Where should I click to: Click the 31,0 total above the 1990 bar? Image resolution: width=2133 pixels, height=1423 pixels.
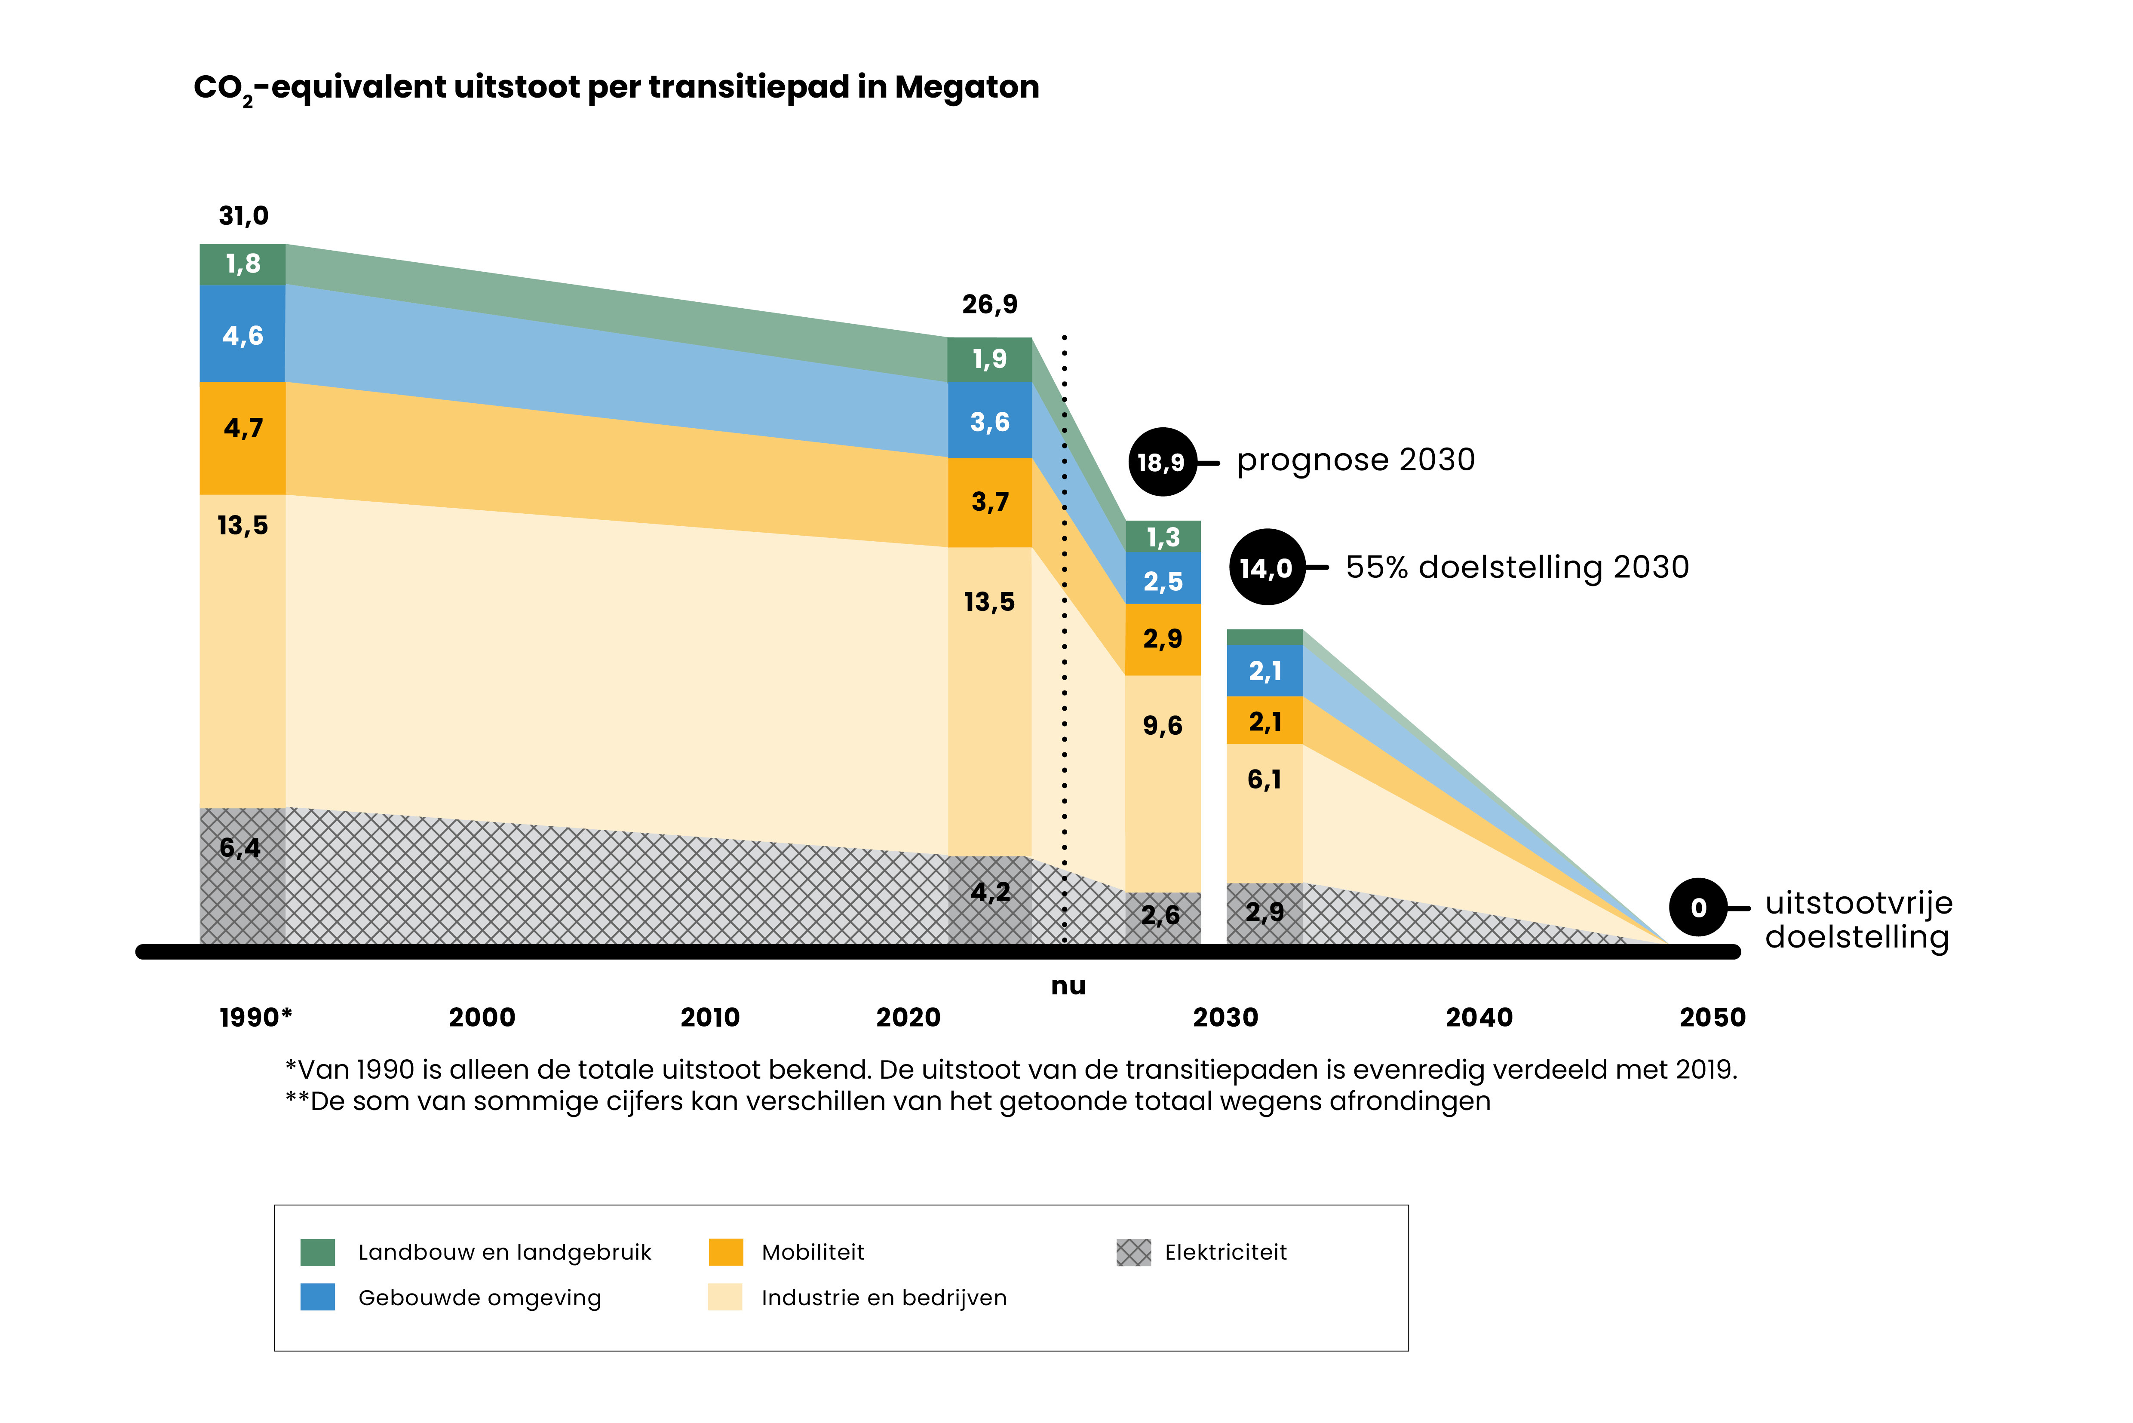pos(243,216)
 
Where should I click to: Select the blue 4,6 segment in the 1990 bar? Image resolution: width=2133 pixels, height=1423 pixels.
pos(242,334)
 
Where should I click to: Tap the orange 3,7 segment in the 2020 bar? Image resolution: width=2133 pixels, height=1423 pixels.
pos(989,502)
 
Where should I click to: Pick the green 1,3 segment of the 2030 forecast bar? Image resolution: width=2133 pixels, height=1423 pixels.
pos(1163,537)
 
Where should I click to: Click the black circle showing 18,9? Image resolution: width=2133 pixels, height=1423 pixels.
pos(1162,462)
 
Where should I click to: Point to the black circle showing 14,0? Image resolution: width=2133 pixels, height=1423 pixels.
pos(1266,567)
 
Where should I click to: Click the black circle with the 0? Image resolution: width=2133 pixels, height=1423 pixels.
pos(1698,908)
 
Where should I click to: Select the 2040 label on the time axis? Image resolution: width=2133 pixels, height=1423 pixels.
pos(1479,1017)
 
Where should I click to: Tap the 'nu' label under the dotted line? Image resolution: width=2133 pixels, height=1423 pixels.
pos(1068,986)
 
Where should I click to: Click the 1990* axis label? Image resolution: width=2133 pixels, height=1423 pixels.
pos(255,1017)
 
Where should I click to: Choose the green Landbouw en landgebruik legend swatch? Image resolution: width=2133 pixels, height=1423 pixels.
pos(318,1252)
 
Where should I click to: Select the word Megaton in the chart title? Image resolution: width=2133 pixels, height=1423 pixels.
pos(967,87)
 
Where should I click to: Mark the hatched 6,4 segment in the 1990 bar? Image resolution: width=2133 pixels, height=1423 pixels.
pos(242,876)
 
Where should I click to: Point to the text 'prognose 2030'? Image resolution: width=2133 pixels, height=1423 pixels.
pos(1355,460)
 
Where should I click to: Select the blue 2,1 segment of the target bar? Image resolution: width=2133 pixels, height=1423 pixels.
pos(1264,671)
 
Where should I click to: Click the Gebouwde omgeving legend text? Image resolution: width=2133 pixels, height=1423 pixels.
pos(479,1298)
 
